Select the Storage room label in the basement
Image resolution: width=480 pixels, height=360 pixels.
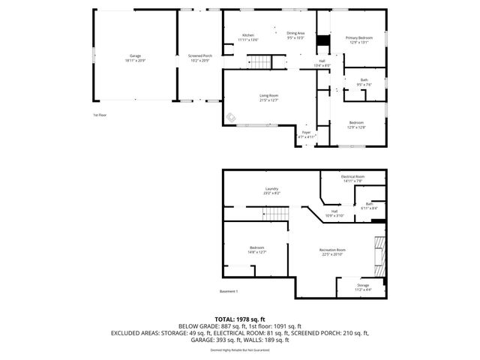coord(363,286)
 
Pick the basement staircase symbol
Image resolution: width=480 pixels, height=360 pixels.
coord(277,214)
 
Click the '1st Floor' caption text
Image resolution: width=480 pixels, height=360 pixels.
coord(100,115)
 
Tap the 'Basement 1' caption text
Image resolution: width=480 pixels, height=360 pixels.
coord(229,291)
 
